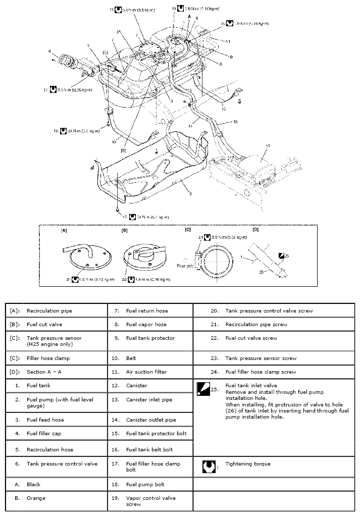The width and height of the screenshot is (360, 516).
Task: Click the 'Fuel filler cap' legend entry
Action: click(44, 433)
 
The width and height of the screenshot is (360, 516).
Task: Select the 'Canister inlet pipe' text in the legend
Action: click(149, 399)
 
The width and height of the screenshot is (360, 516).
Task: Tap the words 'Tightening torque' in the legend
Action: click(247, 464)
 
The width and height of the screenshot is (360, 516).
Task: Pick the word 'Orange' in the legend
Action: click(36, 498)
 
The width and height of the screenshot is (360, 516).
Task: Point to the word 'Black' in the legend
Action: click(33, 484)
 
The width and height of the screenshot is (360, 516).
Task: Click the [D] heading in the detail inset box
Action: click(255, 230)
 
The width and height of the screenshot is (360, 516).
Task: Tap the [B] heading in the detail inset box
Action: click(124, 230)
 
